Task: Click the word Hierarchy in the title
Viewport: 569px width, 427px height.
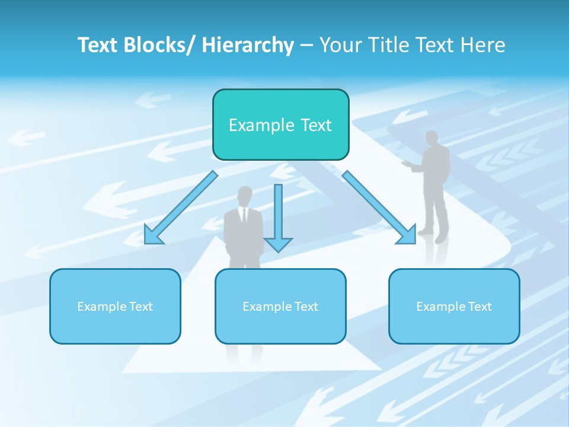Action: [248, 46]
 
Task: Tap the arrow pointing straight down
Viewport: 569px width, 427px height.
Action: [278, 216]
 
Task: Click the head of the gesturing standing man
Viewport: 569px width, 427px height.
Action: [432, 139]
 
